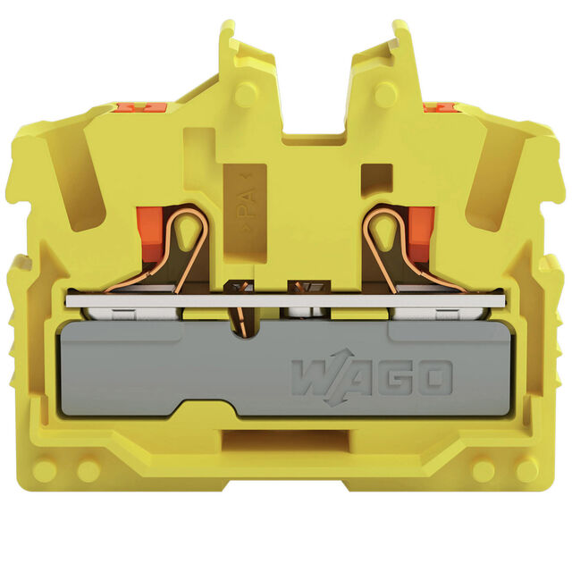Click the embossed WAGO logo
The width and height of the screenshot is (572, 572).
click(372, 378)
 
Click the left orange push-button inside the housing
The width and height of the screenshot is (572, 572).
click(149, 234)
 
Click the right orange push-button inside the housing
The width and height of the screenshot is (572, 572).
click(421, 234)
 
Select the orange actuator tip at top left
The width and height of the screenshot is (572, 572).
click(139, 107)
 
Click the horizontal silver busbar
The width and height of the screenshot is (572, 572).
click(286, 300)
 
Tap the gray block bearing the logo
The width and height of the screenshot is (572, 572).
click(285, 367)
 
